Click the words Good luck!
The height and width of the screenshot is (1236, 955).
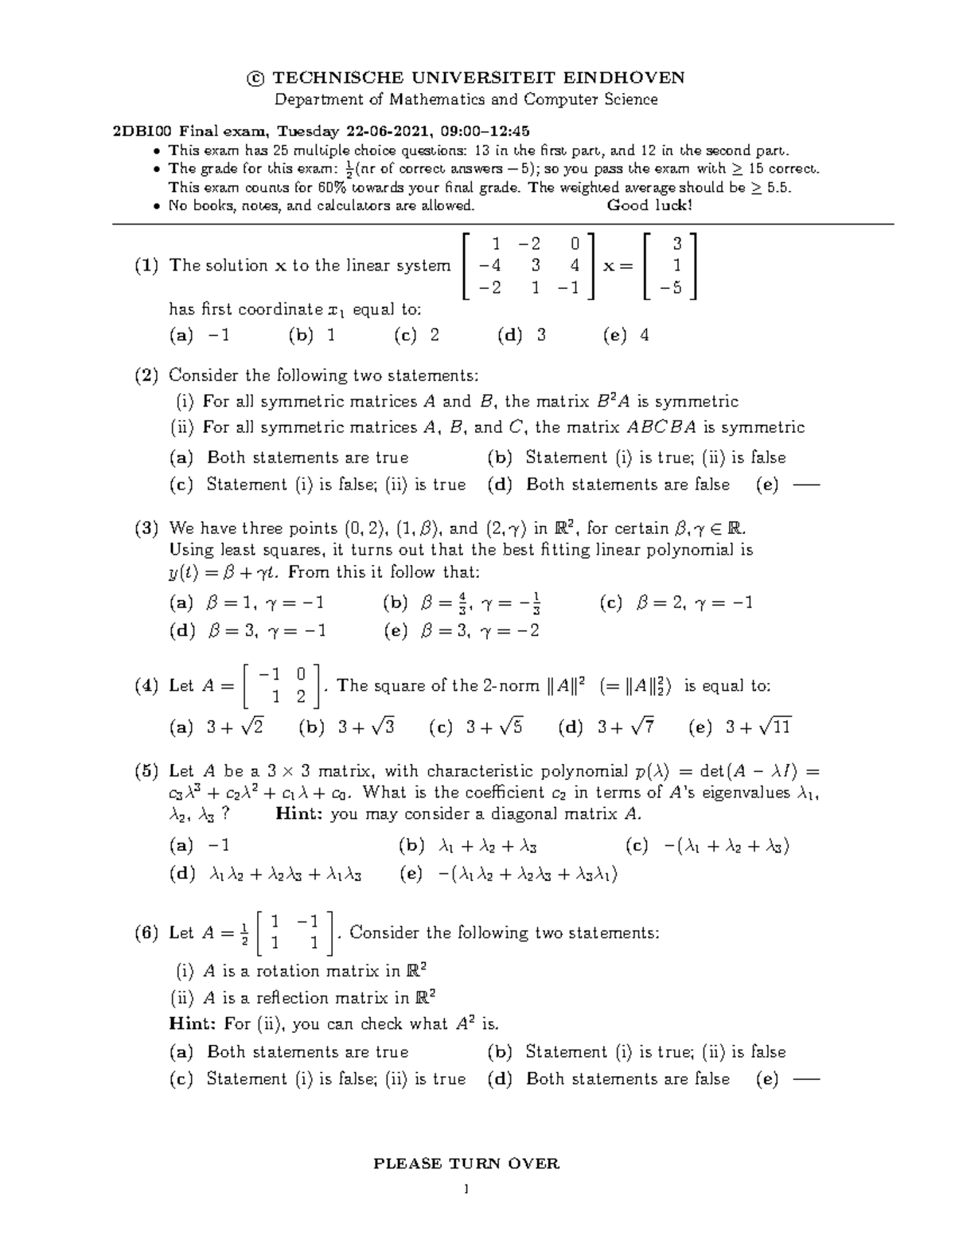[649, 205]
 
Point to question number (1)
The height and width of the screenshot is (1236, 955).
[146, 266]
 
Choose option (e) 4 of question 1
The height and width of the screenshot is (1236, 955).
[627, 335]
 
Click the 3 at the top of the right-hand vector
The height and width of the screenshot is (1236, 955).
[677, 243]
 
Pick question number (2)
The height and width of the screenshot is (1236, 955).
[146, 375]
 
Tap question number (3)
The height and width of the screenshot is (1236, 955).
[146, 528]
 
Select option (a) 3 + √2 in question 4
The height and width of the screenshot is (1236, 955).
[216, 727]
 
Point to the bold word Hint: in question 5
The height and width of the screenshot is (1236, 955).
[298, 814]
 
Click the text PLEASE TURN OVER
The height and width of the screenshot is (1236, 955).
[466, 1164]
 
